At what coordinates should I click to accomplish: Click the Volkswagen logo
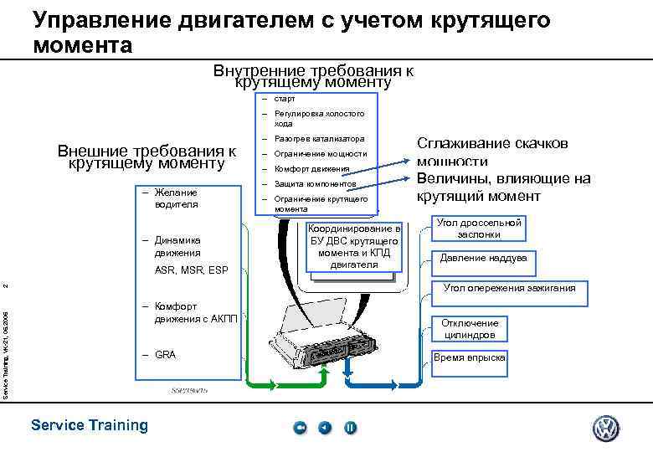click(605, 428)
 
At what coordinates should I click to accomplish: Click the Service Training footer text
click(89, 425)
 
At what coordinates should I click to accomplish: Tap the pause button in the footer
click(351, 428)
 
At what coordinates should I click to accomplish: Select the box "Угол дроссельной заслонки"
click(478, 229)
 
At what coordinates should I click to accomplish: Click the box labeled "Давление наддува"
click(484, 258)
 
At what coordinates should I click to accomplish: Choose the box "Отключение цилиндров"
click(470, 329)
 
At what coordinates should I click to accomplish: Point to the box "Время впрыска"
click(470, 357)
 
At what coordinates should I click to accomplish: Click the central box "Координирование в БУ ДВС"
click(355, 246)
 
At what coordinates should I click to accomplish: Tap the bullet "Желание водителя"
click(175, 198)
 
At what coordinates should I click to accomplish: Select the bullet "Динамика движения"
click(177, 246)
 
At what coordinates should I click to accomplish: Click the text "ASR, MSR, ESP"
click(191, 270)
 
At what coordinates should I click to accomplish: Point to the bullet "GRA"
click(166, 355)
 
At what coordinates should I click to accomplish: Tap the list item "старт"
click(285, 99)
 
